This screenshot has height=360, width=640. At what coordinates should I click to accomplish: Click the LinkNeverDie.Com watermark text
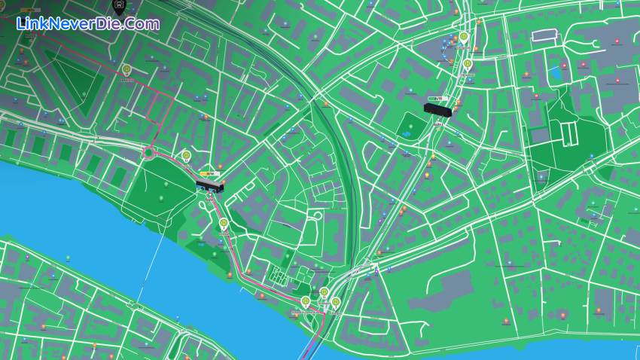(x=87, y=24)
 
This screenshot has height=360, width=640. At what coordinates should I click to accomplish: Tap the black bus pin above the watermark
(x=118, y=7)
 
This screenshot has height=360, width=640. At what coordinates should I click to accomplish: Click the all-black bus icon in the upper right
(x=437, y=110)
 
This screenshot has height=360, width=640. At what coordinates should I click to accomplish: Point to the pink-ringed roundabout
(x=148, y=153)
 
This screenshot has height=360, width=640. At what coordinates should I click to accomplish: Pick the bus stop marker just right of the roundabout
(x=186, y=156)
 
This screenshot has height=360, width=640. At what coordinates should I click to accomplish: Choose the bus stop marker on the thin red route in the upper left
(x=127, y=72)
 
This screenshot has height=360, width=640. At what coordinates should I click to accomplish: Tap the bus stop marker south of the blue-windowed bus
(x=224, y=223)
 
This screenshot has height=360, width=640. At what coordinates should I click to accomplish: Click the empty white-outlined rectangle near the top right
(x=543, y=35)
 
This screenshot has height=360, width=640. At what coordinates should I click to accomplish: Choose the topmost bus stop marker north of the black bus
(x=463, y=36)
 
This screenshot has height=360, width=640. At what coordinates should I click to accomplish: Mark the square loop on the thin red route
(x=160, y=108)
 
